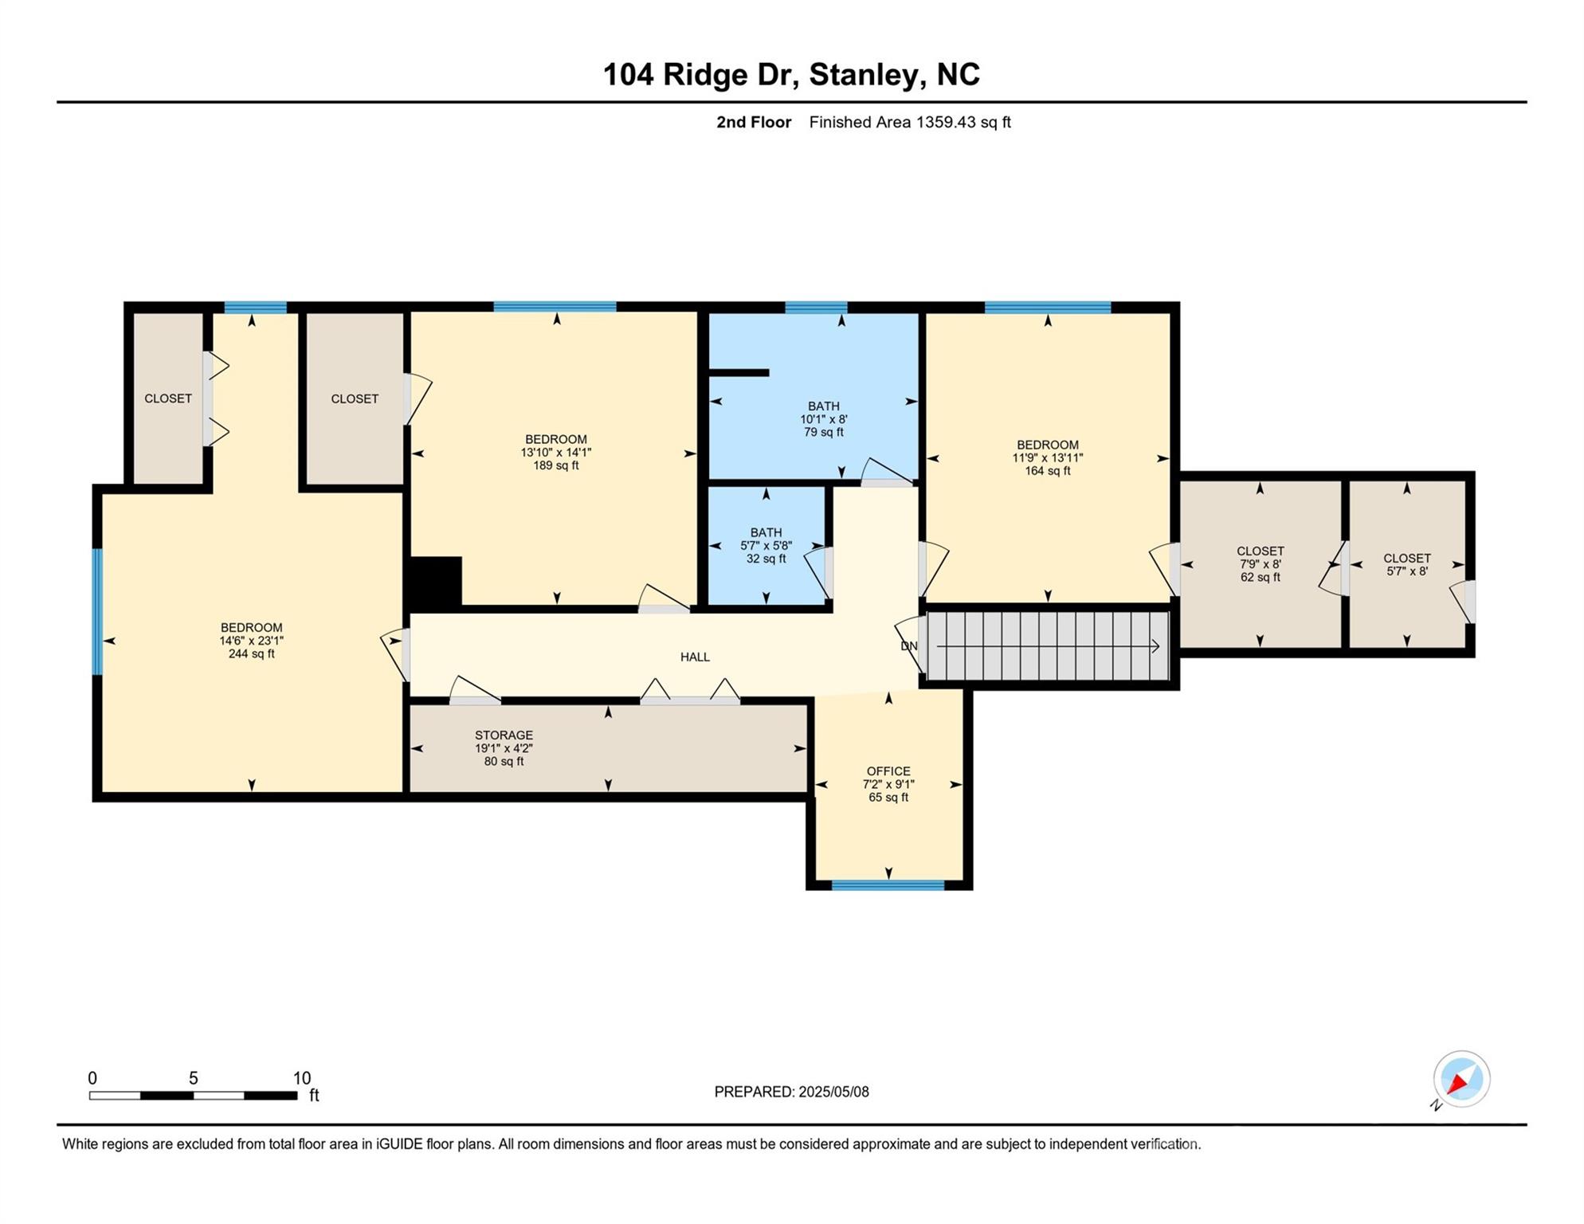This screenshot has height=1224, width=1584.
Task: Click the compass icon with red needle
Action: [x=1461, y=1079]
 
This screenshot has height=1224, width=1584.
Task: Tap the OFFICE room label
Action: [x=888, y=771]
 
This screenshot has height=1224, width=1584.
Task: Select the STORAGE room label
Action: [x=504, y=736]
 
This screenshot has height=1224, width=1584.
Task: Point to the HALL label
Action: [x=695, y=657]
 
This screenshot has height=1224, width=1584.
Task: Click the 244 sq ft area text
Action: [x=252, y=654]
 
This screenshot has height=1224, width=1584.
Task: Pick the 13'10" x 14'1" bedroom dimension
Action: [x=556, y=453]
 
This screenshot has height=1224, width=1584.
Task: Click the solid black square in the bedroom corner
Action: [x=434, y=582]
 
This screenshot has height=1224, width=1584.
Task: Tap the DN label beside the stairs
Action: [x=909, y=646]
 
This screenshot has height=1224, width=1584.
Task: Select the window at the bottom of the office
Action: [x=888, y=885]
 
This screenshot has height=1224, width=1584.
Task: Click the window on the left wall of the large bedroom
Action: [x=97, y=611]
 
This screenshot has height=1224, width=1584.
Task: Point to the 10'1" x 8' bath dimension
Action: [x=824, y=419]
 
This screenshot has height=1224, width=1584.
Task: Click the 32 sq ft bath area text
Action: [x=766, y=559]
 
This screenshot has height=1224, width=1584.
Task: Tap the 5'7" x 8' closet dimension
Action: [x=1407, y=571]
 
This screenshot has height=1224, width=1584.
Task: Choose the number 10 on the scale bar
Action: [x=302, y=1078]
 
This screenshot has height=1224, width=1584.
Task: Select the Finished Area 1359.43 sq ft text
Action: [x=910, y=123]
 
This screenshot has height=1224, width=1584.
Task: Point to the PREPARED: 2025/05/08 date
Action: [x=791, y=1092]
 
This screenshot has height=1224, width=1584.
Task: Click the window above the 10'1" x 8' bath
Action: [x=816, y=308]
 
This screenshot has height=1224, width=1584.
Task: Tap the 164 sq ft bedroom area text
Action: [x=1048, y=471]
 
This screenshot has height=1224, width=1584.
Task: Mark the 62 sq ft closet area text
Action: [x=1260, y=578]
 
